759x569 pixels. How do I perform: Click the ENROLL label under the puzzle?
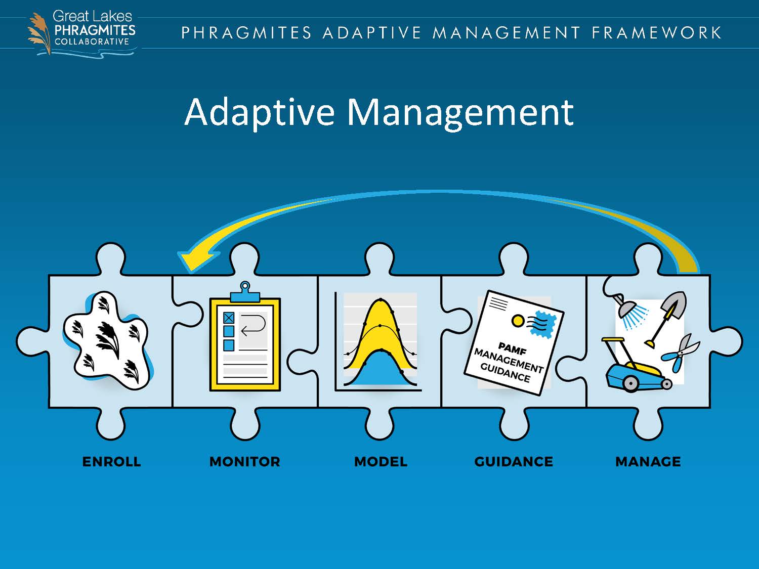click(x=111, y=461)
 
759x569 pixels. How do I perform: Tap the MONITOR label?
click(x=244, y=461)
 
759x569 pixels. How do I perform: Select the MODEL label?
click(x=381, y=461)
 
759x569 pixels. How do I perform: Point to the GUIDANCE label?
click(x=514, y=461)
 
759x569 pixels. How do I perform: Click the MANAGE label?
click(x=648, y=461)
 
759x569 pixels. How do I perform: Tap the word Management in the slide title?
click(x=460, y=112)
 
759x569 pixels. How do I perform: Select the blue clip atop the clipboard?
click(x=245, y=293)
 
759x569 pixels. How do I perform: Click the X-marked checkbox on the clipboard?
click(x=229, y=318)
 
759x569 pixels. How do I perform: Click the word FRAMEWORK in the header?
click(x=656, y=33)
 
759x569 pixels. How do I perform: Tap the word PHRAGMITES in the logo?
click(x=95, y=30)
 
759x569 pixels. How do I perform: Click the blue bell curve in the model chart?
click(x=381, y=372)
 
